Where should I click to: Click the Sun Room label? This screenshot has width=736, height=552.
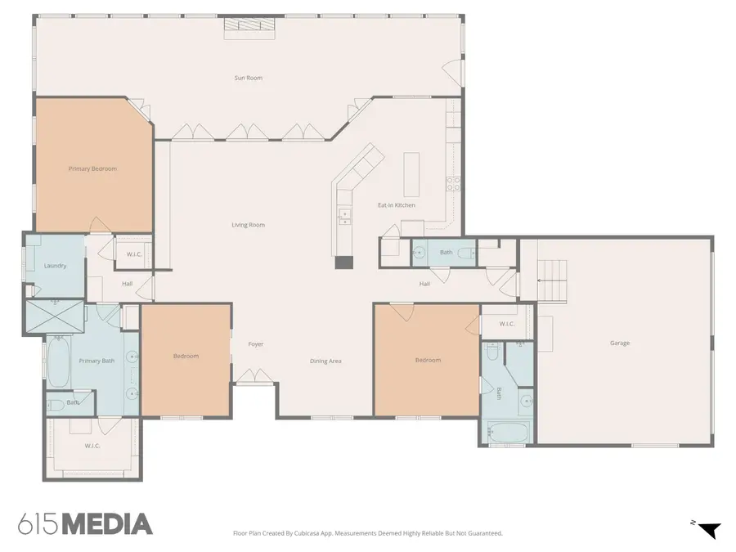tap(249, 78)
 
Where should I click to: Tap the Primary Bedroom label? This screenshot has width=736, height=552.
tap(92, 168)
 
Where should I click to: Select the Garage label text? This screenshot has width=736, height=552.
tap(620, 343)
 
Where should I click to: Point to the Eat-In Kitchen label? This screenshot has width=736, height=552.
tap(397, 205)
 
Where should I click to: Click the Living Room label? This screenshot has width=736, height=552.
tap(249, 225)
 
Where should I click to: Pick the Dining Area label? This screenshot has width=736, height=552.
tap(325, 361)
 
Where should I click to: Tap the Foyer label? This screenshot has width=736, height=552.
tap(256, 344)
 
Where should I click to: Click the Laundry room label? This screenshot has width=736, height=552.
tap(55, 266)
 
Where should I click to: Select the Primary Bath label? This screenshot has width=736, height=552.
tap(96, 361)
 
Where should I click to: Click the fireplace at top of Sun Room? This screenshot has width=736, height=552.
tap(249, 28)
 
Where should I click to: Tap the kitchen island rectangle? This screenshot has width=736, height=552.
tap(411, 174)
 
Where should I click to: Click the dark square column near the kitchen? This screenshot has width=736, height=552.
tap(343, 263)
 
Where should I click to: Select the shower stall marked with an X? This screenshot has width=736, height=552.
tap(55, 317)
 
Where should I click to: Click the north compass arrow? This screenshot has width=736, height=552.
tap(709, 530)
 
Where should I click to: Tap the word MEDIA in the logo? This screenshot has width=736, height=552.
tap(107, 524)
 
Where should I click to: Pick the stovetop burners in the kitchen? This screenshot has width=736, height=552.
tap(453, 183)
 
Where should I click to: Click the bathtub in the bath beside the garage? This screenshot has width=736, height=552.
tap(509, 432)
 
